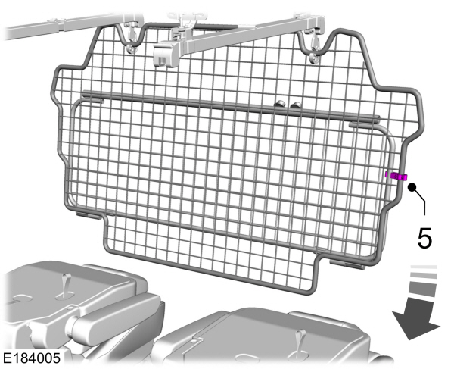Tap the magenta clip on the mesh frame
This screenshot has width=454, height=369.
pos(394,177)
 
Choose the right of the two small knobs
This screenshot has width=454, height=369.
pos(294,106)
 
